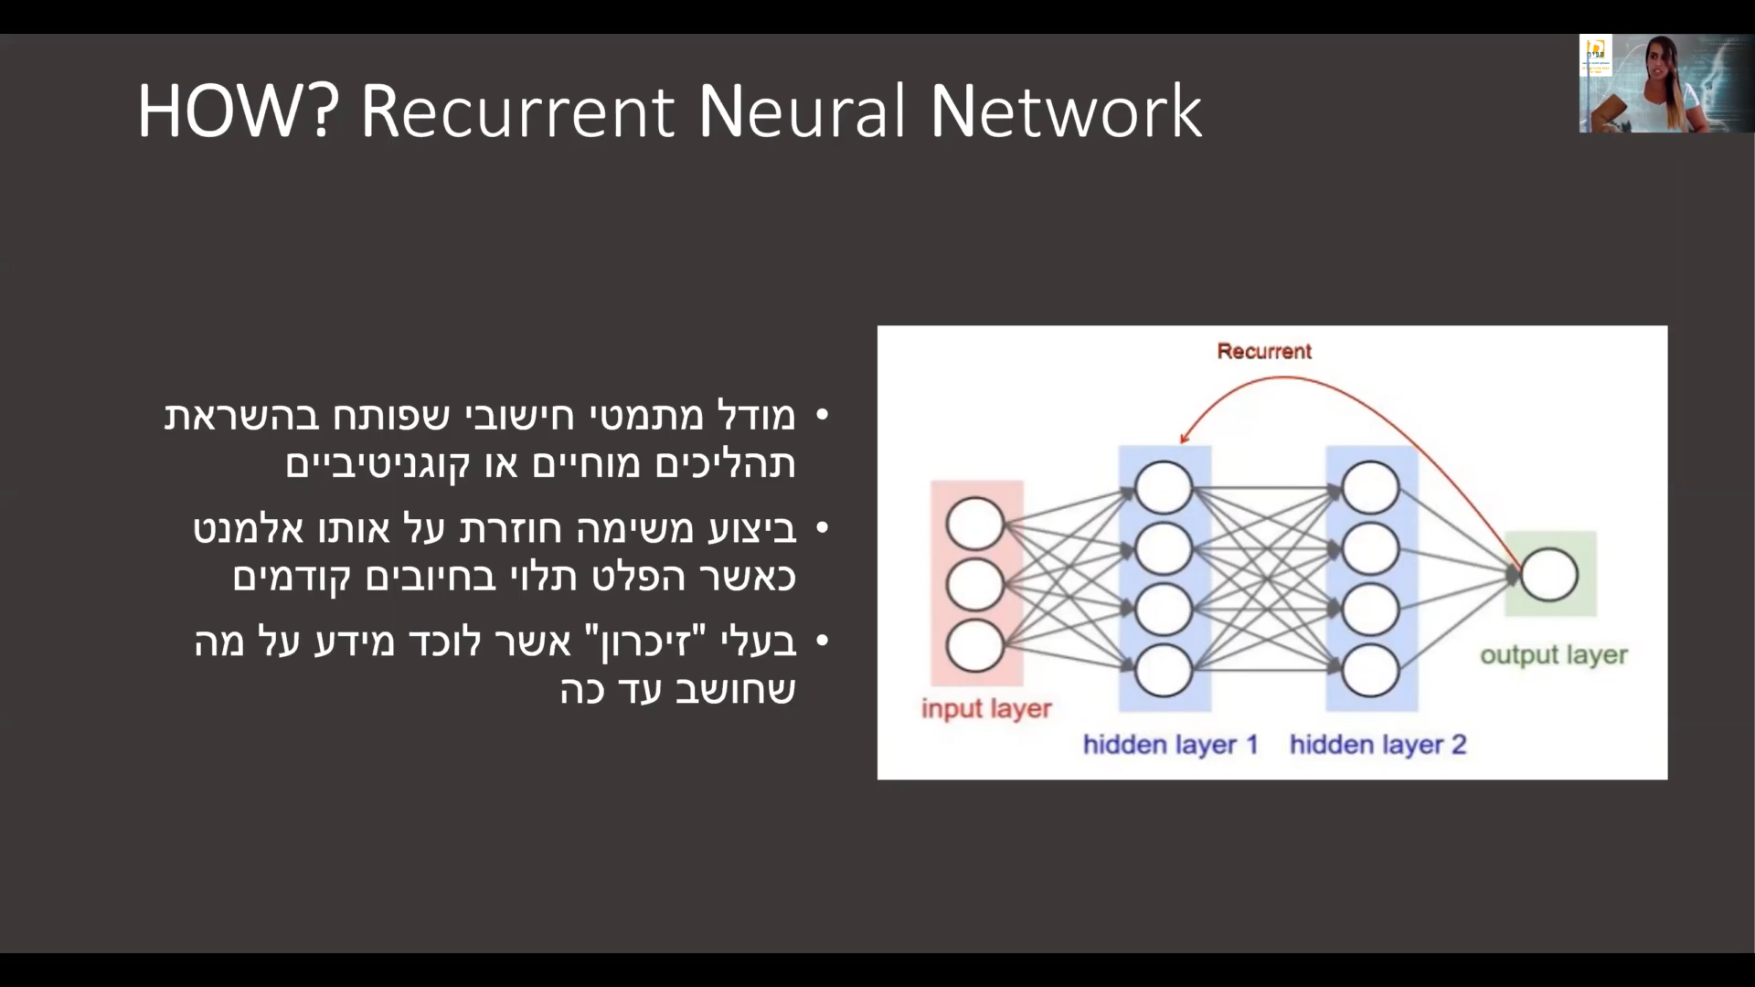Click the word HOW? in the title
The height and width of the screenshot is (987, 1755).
[238, 111]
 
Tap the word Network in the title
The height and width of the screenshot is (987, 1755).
[1066, 111]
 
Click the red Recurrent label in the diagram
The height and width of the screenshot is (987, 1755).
[1264, 351]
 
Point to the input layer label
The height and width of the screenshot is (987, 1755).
[986, 709]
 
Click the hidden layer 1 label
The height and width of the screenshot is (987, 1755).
[1171, 745]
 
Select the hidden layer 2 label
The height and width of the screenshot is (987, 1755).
[1378, 745]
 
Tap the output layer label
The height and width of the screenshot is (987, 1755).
[1554, 655]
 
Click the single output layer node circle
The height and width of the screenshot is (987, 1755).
[1549, 574]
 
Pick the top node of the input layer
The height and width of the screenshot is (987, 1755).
[975, 524]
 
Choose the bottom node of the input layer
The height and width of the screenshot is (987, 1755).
[975, 645]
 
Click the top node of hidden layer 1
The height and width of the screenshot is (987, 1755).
[1164, 487]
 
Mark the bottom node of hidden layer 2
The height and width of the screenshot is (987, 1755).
[1371, 671]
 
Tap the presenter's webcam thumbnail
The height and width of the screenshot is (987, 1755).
[1666, 84]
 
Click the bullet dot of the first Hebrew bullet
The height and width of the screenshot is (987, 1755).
[821, 416]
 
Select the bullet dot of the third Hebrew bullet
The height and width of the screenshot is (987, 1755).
[821, 642]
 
